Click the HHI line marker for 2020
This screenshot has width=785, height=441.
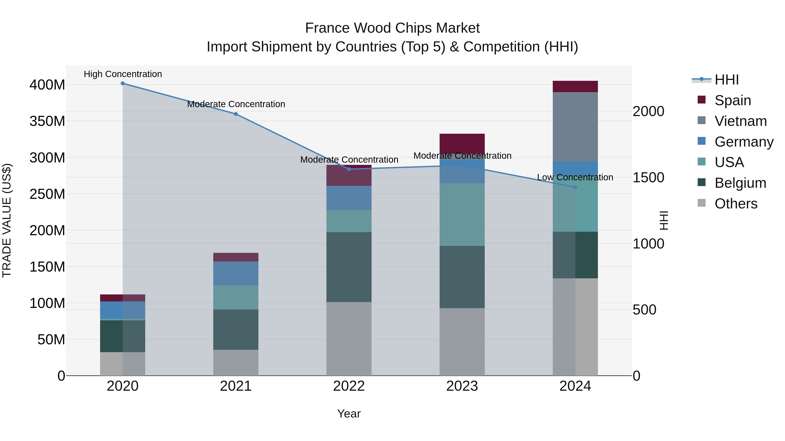123,83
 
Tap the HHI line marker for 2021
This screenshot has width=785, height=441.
235,114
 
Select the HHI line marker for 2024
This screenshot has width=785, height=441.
575,187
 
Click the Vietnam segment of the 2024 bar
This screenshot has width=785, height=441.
575,127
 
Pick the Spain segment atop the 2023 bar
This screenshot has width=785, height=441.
462,143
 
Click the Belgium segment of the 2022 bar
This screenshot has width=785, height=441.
349,267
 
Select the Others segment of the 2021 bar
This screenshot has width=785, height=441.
235,362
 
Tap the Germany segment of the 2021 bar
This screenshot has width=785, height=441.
235,273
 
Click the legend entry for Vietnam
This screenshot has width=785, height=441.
740,121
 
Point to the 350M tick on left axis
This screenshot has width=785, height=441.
47,121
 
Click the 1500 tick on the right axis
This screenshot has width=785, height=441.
648,177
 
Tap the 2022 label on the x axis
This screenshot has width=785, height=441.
349,386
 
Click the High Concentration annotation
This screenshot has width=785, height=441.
123,74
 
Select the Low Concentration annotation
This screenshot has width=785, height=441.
575,177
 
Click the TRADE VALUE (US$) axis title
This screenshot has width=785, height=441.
7,220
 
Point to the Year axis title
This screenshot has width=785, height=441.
349,414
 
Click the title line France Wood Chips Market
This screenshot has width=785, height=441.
392,28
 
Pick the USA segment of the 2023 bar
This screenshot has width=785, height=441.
462,215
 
